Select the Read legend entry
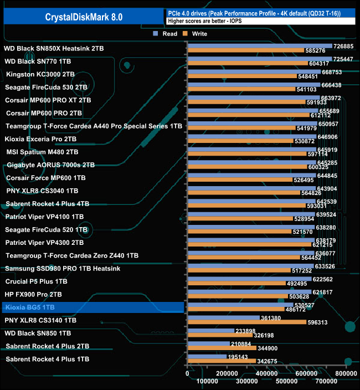pos(166,34)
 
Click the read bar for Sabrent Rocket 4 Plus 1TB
pos(207,356)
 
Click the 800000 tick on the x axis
pos(346,382)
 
